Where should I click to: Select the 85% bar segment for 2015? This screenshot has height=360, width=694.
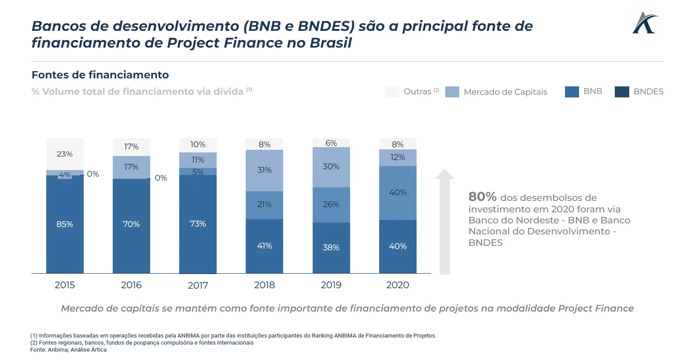[x=65, y=224]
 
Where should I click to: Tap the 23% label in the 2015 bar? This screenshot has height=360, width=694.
[x=65, y=154]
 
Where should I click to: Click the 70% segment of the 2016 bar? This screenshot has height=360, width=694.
[x=131, y=224]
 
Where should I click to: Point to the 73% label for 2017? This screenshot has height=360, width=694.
[x=198, y=224]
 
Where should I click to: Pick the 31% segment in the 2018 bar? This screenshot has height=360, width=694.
[x=264, y=170]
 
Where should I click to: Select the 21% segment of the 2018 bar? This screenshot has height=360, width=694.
[x=264, y=204]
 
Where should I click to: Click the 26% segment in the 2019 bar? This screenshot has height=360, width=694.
[x=331, y=204]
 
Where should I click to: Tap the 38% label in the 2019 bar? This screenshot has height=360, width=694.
[x=331, y=248]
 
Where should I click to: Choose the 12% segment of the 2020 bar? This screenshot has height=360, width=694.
[x=398, y=157]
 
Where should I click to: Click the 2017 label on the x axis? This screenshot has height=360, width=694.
[x=198, y=286]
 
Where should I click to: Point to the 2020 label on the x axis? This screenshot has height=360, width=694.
[x=398, y=285]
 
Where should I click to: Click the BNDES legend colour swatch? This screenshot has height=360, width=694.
[x=622, y=92]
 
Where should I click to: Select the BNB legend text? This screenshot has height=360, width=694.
[x=593, y=91]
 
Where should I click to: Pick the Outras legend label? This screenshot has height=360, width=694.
[x=417, y=92]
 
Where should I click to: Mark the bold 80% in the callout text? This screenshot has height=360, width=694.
[x=482, y=197]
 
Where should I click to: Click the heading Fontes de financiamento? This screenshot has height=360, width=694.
[x=100, y=75]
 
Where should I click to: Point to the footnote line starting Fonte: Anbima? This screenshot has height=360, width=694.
[x=68, y=350]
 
